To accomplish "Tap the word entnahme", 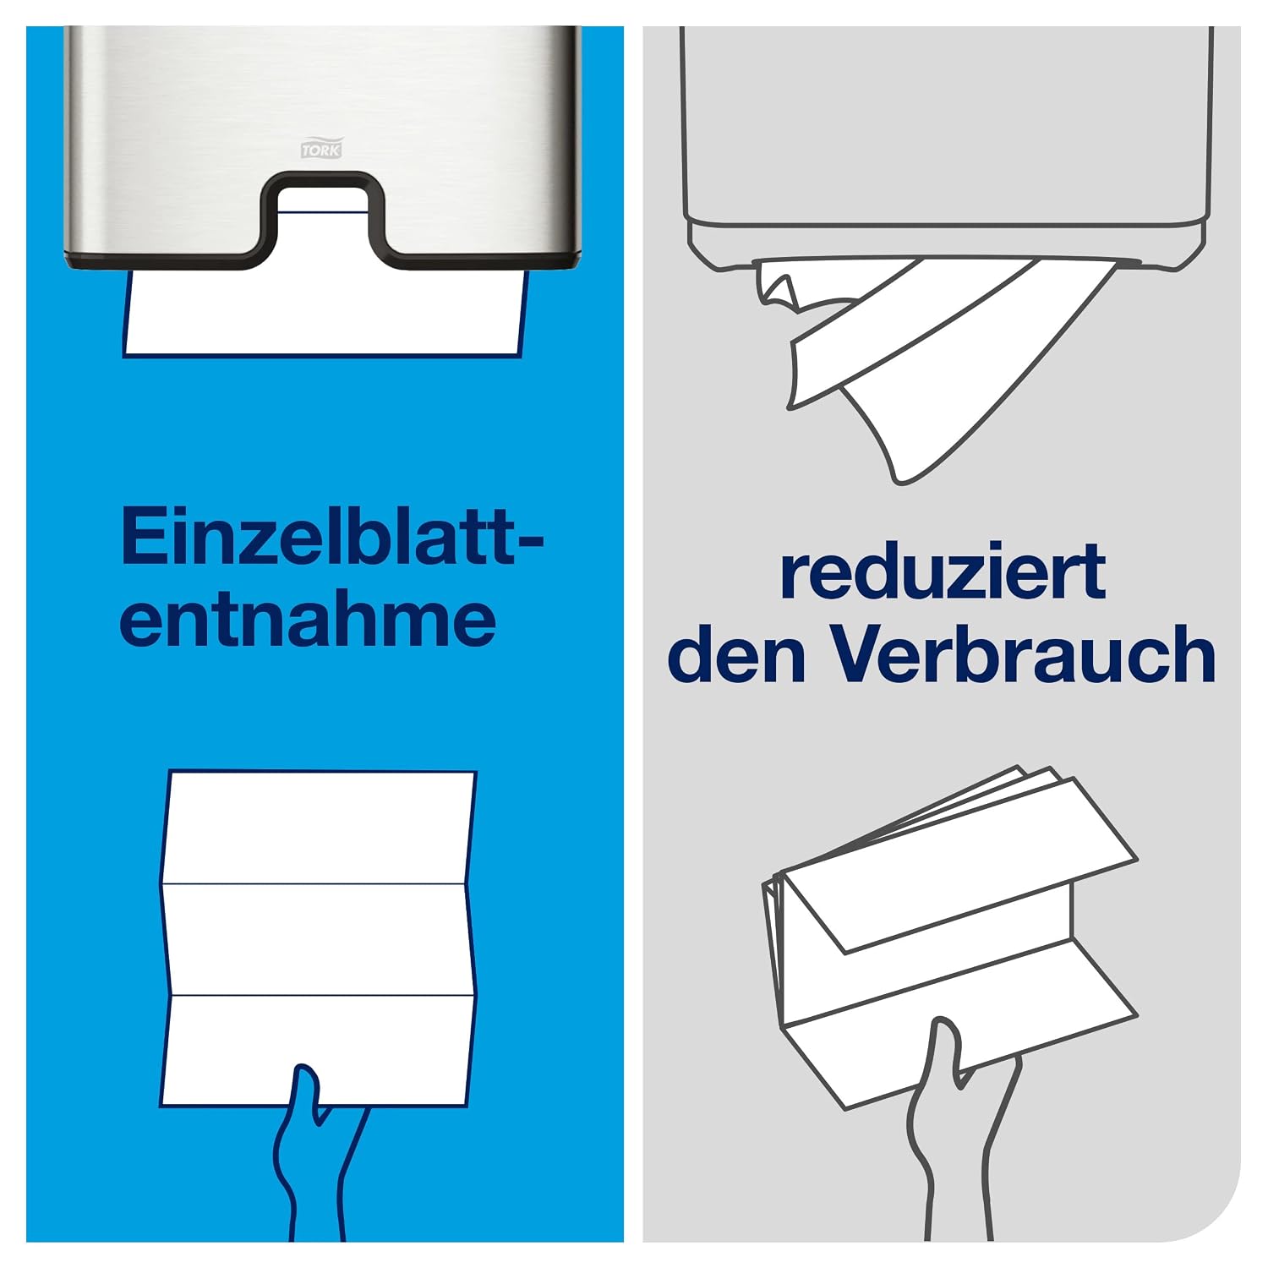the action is point(308,620).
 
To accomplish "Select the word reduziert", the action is point(943,571).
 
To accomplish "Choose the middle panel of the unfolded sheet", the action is point(318,940).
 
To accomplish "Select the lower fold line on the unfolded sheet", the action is point(320,996).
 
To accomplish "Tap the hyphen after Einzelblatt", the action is point(528,541).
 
